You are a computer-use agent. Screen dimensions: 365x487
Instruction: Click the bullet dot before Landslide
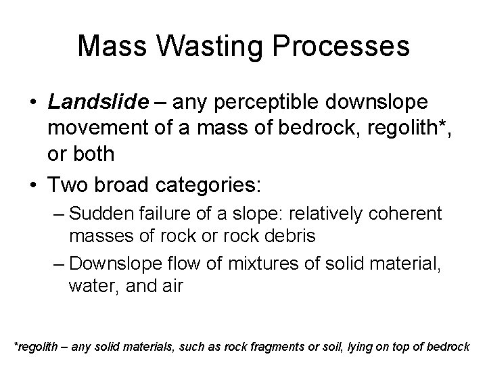pyautogui.click(x=32, y=102)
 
